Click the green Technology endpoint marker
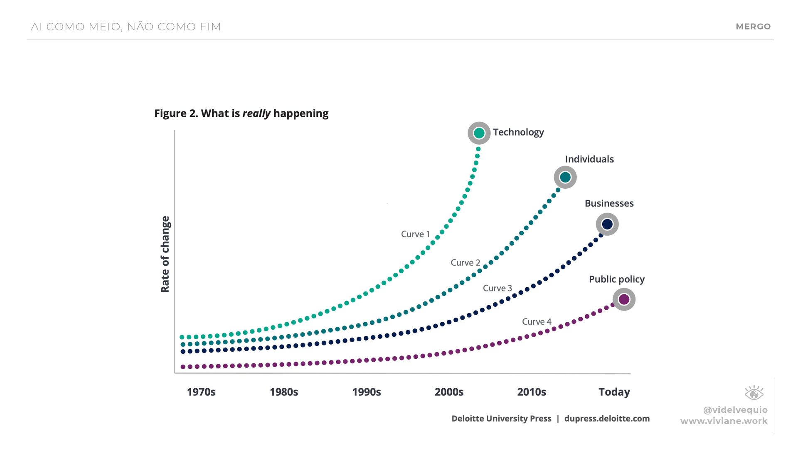479,133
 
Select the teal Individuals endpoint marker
565,178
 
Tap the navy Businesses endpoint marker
607,224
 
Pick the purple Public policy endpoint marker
624,299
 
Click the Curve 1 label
415,234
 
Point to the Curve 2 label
465,263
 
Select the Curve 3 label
497,288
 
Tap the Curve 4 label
537,322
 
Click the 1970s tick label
201,392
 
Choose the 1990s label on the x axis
366,392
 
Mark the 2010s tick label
532,392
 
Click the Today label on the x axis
614,392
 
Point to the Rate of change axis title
165,254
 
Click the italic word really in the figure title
256,113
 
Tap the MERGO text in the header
753,27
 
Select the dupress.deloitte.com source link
607,419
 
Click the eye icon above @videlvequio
754,393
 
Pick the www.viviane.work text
724,421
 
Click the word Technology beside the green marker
518,132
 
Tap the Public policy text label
616,279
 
